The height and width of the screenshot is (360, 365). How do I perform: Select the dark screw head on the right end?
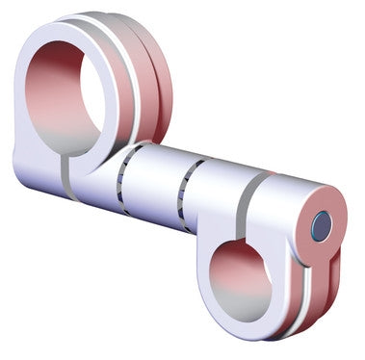tap(322, 226)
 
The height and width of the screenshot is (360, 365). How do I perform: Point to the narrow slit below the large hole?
tap(65, 172)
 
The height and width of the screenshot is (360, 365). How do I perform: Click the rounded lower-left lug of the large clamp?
tap(34, 173)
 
